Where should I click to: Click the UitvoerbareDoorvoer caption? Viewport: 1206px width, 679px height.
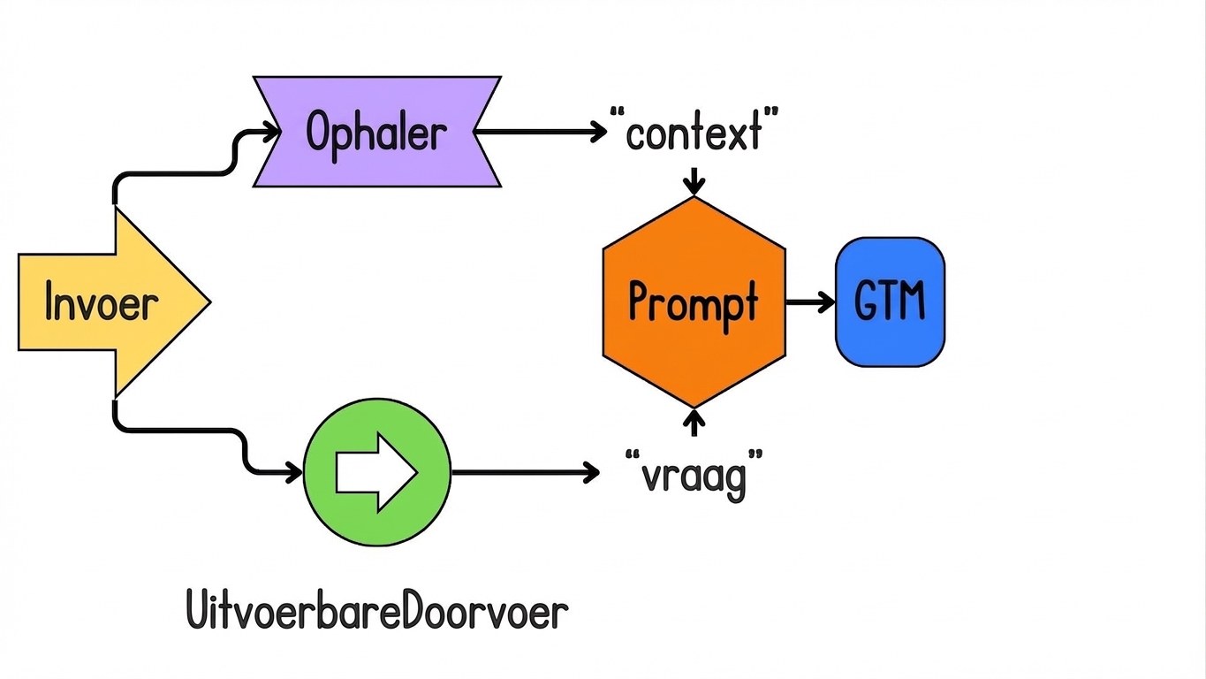click(377, 612)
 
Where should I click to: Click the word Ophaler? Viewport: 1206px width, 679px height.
click(376, 133)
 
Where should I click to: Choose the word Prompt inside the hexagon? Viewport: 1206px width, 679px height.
click(694, 302)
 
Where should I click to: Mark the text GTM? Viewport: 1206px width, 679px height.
click(890, 301)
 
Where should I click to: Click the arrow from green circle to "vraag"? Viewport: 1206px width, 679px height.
click(525, 473)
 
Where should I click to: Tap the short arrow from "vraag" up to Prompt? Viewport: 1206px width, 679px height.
click(694, 422)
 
